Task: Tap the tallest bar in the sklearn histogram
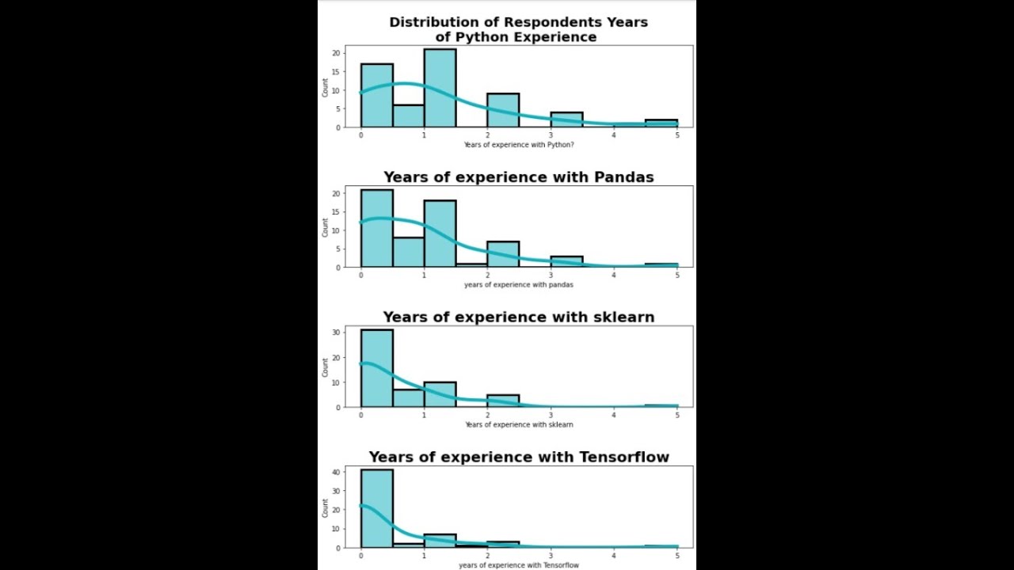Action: pyautogui.click(x=376, y=368)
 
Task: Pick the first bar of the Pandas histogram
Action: pyautogui.click(x=376, y=229)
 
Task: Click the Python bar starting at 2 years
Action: pyautogui.click(x=503, y=110)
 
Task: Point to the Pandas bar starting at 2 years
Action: pyautogui.click(x=503, y=254)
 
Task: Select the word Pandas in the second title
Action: pyautogui.click(x=623, y=177)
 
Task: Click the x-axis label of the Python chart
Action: pyautogui.click(x=519, y=145)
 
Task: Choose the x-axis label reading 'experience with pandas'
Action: pyautogui.click(x=519, y=285)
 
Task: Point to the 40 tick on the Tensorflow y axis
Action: pyautogui.click(x=336, y=472)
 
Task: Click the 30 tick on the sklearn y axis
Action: pyautogui.click(x=336, y=332)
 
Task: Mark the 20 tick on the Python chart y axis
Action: pyautogui.click(x=336, y=53)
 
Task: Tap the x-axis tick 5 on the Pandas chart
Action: pyautogui.click(x=677, y=275)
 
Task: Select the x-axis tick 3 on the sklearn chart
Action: pyautogui.click(x=551, y=416)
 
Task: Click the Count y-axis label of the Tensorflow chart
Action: pyautogui.click(x=326, y=507)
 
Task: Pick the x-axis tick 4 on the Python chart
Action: pyautogui.click(x=614, y=135)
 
